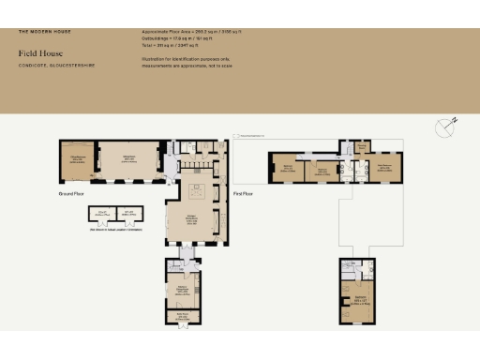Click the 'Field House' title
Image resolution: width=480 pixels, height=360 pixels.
tap(35, 53)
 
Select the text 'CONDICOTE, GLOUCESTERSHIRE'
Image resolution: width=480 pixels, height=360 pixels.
tap(49, 65)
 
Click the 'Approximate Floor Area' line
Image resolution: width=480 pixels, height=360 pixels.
tap(184, 32)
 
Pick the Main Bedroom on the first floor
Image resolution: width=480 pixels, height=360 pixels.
tap(385, 168)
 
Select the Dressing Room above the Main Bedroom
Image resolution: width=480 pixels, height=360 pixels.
tap(363, 146)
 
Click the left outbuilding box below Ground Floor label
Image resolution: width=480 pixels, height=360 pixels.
tap(103, 215)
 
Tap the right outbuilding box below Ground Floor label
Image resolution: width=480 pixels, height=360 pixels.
tap(128, 215)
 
